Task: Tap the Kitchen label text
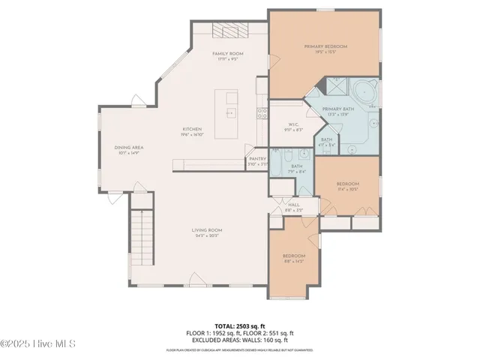(x=192, y=129)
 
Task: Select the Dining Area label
(x=129, y=148)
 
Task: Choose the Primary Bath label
(x=337, y=109)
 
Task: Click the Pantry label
(x=257, y=159)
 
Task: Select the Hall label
(x=294, y=205)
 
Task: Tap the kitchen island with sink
(x=226, y=114)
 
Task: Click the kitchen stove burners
(x=262, y=114)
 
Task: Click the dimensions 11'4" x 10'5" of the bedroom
(x=347, y=190)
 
